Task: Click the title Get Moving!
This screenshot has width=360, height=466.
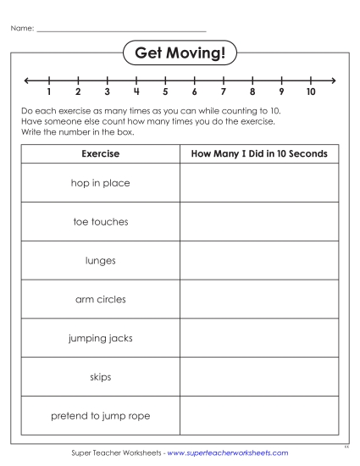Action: pos(180,54)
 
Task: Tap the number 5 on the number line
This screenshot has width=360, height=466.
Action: pos(165,92)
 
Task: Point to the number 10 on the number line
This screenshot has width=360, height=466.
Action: pos(311,92)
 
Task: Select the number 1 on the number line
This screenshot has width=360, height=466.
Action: pos(49,92)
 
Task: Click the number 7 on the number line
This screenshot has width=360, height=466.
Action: pos(224,92)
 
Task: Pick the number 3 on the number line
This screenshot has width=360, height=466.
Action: pos(107,92)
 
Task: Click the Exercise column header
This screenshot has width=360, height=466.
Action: pos(100,154)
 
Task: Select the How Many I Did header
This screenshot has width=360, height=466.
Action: pos(260,154)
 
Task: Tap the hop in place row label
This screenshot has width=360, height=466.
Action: pos(100,183)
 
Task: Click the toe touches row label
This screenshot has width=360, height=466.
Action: pos(100,222)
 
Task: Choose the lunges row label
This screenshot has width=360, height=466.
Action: pos(100,261)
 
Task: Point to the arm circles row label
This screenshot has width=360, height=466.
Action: pos(100,299)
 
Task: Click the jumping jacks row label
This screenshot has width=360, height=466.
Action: pos(100,338)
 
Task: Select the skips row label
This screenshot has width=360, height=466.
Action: pos(100,377)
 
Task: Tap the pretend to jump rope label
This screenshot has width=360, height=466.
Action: pos(100,416)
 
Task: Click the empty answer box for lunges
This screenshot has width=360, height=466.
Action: pos(260,261)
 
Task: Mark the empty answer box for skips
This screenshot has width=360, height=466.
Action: pos(260,377)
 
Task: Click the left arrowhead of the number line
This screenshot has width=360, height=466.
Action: pos(28,80)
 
